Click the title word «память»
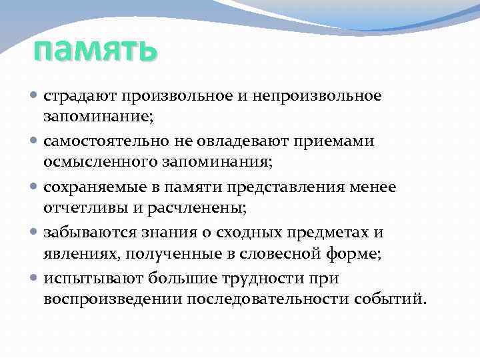point(95,50)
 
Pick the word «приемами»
point(337,142)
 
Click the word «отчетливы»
point(83,209)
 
